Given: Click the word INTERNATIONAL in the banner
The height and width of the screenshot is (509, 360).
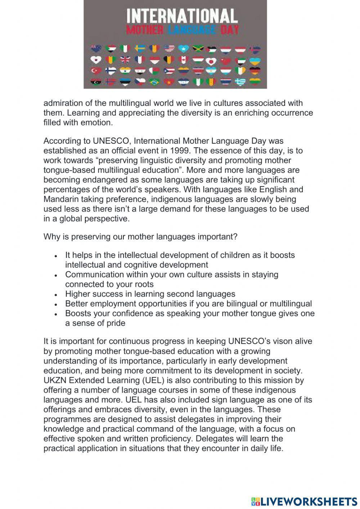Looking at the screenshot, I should (182, 16).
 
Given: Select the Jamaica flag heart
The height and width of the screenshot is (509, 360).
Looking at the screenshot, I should (198, 49).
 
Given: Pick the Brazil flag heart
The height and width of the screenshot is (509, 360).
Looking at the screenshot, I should (154, 82).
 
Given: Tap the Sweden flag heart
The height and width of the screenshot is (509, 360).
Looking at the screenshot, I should (140, 49).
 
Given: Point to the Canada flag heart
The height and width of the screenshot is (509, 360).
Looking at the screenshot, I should (183, 59).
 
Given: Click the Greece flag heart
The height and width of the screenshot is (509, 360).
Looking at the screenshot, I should (240, 82).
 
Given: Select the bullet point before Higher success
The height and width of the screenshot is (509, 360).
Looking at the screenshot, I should (56, 294).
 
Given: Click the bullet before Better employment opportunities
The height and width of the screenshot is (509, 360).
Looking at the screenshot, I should (56, 304).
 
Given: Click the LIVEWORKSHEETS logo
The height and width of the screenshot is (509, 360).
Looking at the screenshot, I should (304, 501).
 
